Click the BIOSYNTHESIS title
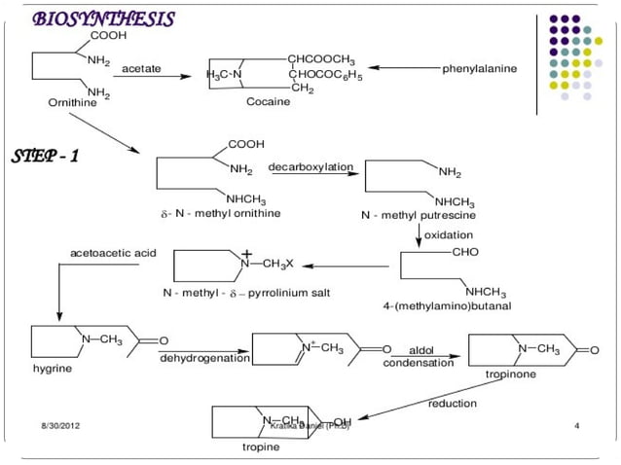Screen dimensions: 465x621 (x=103, y=19)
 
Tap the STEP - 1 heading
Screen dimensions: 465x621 (x=45, y=157)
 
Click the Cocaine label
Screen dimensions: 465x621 (x=268, y=101)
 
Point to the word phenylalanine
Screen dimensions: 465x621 (x=480, y=69)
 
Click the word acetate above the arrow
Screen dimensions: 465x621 (x=141, y=69)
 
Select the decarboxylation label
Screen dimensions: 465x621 (x=310, y=167)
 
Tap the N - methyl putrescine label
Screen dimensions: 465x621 (x=418, y=214)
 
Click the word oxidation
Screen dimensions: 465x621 (x=449, y=234)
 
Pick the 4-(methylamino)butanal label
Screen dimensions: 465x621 (x=447, y=305)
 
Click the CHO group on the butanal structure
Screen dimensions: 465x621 (x=465, y=252)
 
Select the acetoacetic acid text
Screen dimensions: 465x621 (x=113, y=253)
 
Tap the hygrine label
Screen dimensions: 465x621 (x=50, y=369)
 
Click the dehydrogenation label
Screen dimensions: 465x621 (x=203, y=358)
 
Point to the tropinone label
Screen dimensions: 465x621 (x=511, y=374)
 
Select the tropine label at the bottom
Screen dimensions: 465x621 (x=261, y=447)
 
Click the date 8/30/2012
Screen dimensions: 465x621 (x=60, y=426)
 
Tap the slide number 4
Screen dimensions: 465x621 (x=577, y=426)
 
